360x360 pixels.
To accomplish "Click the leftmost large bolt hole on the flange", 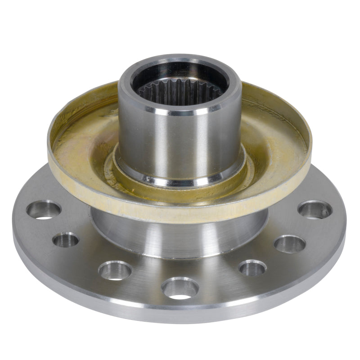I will coord(44,209).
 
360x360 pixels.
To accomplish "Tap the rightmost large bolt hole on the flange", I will coord(315,209).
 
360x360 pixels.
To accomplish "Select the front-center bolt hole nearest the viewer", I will coord(180,288).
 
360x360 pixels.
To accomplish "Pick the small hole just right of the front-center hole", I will coord(252,268).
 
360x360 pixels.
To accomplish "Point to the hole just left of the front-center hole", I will coord(115,270).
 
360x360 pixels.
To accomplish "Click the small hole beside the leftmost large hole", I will coord(66,239).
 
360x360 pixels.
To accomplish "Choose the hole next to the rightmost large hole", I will coord(290,244).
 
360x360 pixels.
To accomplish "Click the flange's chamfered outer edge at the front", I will coord(180,313).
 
